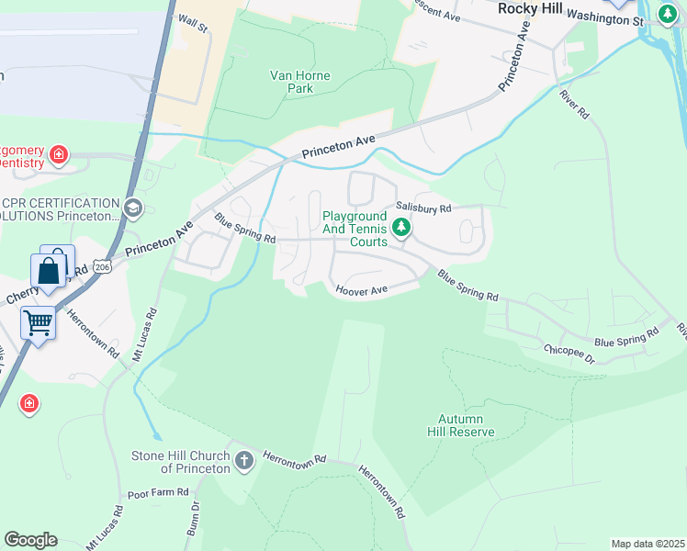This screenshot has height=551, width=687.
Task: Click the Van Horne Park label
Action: pyautogui.click(x=291, y=82)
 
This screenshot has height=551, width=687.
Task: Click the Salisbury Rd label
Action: pyautogui.click(x=423, y=208)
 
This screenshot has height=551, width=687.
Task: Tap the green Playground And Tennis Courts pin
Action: pyautogui.click(x=400, y=227)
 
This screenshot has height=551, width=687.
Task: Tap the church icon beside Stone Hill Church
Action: pyautogui.click(x=243, y=460)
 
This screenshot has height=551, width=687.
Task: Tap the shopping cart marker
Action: pyautogui.click(x=38, y=322)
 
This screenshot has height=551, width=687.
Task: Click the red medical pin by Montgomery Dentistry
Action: pyautogui.click(x=59, y=154)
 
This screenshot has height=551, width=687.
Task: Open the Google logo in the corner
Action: pyautogui.click(x=30, y=540)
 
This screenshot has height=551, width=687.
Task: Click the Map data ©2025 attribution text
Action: pyautogui.click(x=648, y=544)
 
